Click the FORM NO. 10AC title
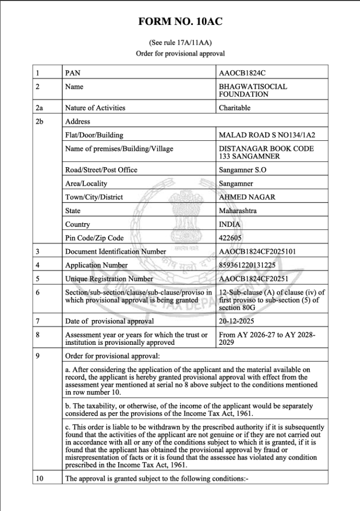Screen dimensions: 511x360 [180, 21]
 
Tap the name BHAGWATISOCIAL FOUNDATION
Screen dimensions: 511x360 [253, 90]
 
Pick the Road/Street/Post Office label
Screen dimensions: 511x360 [101, 170]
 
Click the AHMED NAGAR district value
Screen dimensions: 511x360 [247, 197]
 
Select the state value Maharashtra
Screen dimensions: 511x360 [238, 211]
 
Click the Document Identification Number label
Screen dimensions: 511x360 [116, 252]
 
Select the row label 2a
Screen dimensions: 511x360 [39, 107]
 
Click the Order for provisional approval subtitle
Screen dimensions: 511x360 [180, 53]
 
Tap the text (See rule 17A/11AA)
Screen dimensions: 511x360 [180, 43]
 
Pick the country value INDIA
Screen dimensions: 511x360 [229, 225]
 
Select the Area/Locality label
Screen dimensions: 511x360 [86, 184]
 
